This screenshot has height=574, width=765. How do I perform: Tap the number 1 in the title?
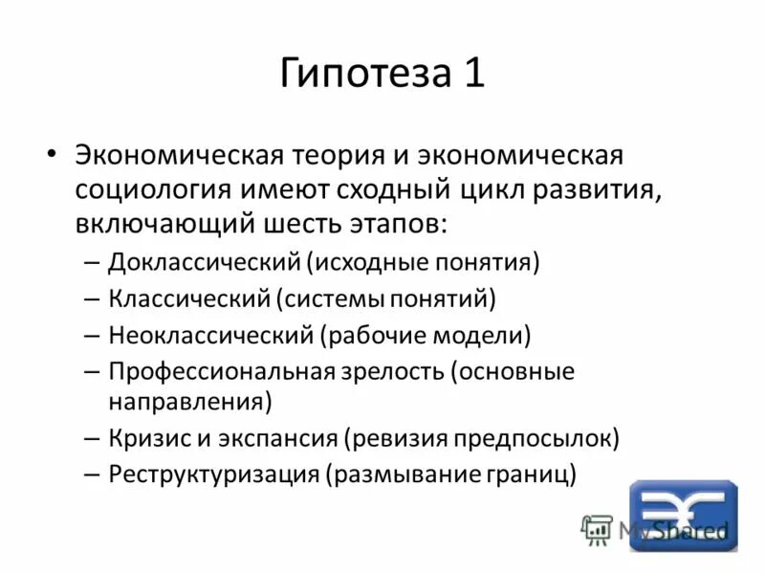tap(474, 75)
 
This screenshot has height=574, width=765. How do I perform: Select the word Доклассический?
tap(204, 262)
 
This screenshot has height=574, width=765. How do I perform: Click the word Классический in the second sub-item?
tap(189, 298)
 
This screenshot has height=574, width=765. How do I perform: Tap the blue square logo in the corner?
tap(683, 514)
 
